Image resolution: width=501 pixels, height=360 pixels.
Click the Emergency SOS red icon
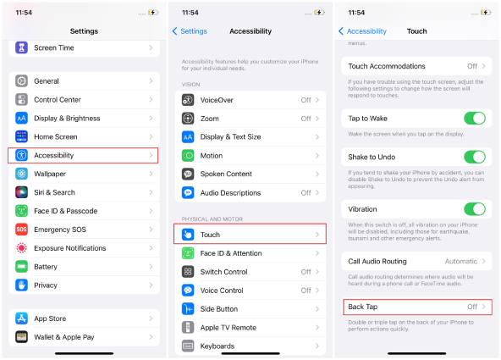point(21,230)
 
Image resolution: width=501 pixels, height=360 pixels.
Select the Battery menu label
point(46,267)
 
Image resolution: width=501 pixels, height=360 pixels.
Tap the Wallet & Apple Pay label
point(65,336)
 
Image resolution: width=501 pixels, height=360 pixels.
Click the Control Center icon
point(21,99)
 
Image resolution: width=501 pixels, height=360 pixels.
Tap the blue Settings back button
point(190,31)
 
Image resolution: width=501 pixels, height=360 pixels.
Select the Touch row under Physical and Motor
point(250,235)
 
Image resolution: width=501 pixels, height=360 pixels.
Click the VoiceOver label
point(217,100)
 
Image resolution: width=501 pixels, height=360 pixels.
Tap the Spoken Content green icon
point(188,174)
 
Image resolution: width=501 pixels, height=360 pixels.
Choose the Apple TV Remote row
point(250,327)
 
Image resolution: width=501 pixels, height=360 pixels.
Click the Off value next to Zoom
point(306,119)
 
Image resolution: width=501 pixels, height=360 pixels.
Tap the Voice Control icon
point(188,291)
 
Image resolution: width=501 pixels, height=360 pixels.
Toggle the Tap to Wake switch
point(474,119)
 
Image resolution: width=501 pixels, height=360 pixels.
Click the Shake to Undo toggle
point(474,157)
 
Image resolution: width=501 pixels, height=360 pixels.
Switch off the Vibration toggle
point(474,208)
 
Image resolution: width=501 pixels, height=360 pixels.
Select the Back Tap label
point(362,307)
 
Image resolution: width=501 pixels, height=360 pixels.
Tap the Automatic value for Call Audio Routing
point(461,262)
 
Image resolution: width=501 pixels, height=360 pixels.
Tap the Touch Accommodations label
point(387,66)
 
